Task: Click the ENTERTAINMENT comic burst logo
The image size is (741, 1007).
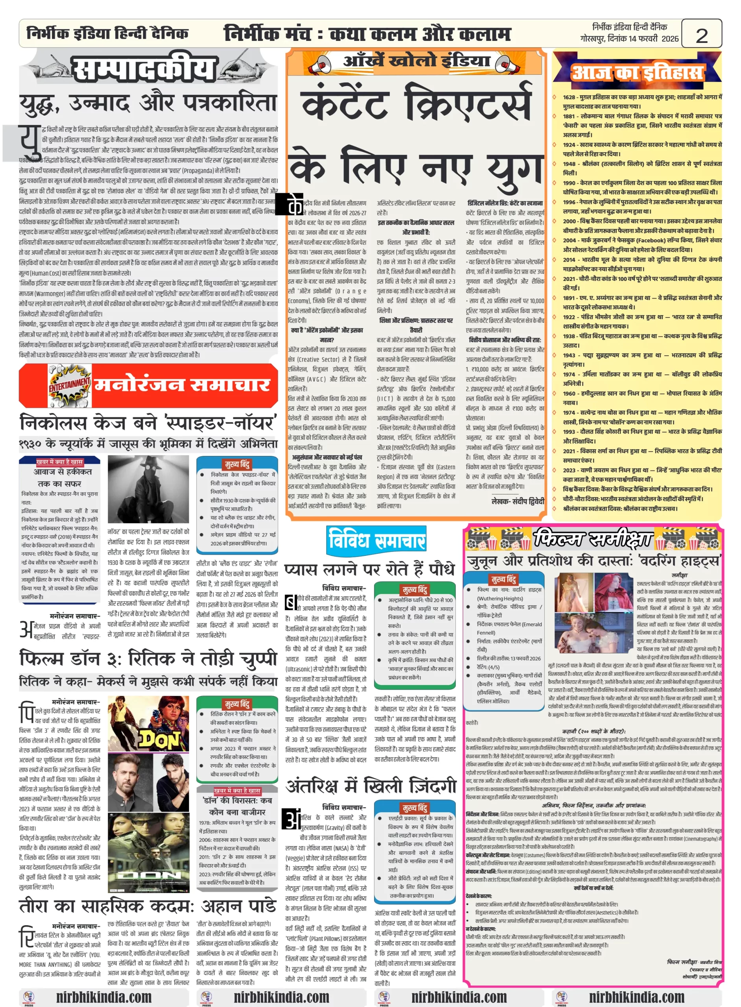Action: click(70, 385)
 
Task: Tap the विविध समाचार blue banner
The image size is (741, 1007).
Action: click(376, 540)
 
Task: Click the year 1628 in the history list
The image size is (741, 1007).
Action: click(569, 97)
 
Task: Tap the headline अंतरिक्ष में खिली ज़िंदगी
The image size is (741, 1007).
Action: click(370, 786)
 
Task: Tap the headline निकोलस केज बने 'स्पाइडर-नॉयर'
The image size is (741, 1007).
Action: click(148, 423)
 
